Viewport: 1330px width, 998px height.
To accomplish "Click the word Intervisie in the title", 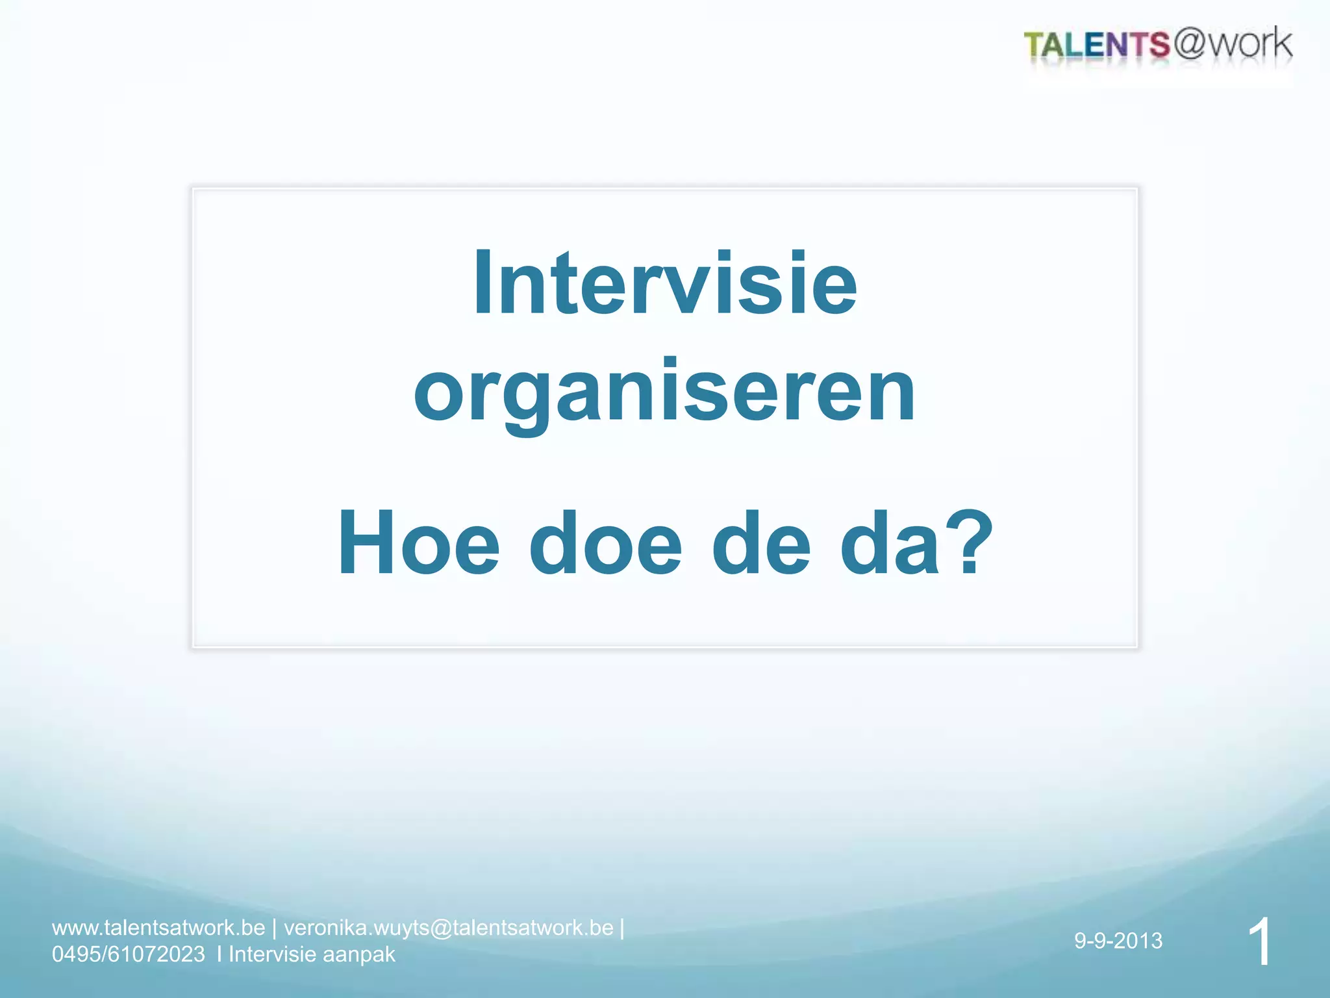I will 665,285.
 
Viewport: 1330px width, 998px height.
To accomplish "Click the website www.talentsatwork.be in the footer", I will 158,927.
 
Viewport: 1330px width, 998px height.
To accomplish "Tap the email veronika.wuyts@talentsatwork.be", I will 448,927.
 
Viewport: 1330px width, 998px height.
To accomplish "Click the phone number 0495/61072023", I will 129,954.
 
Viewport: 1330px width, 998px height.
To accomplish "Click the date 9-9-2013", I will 1118,940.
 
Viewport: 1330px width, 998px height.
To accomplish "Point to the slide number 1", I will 1259,941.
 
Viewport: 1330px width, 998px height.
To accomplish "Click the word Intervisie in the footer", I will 271,954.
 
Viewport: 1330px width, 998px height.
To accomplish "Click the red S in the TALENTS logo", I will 1158,45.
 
